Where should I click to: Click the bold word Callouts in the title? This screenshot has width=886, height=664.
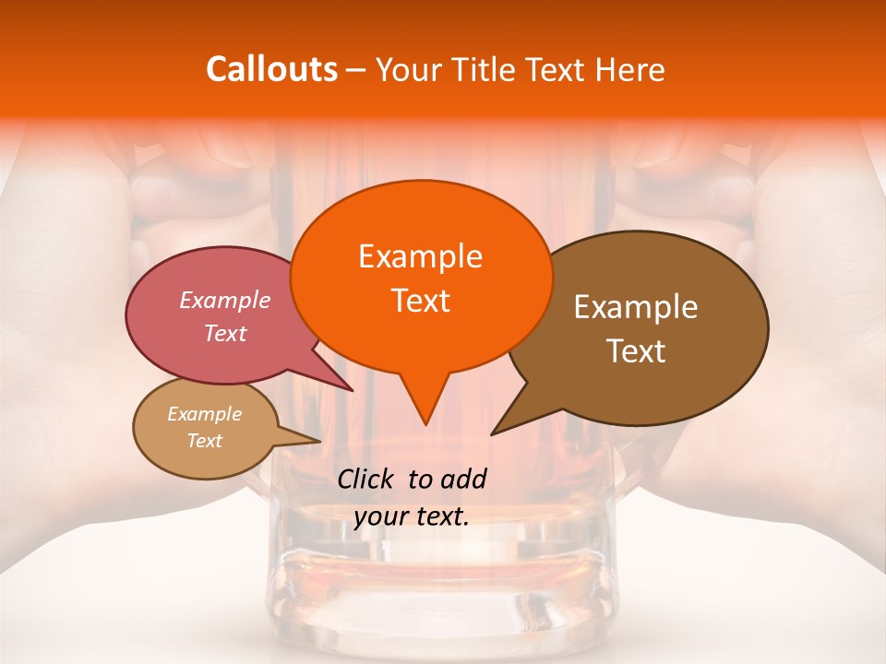tap(271, 69)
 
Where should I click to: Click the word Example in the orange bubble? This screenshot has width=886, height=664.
tap(420, 256)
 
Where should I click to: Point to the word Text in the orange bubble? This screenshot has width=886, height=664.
tap(420, 301)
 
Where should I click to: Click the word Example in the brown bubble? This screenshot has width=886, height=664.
tap(636, 307)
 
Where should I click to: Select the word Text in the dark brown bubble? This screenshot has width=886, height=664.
tap(636, 351)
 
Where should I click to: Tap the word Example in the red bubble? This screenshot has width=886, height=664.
tap(225, 300)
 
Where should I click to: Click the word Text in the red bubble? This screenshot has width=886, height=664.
tap(225, 333)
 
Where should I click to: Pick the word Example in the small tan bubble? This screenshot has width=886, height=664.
tap(204, 414)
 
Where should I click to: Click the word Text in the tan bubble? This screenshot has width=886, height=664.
tap(204, 441)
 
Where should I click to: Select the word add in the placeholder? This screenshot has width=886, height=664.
tap(462, 479)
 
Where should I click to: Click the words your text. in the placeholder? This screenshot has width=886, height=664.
tap(412, 516)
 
